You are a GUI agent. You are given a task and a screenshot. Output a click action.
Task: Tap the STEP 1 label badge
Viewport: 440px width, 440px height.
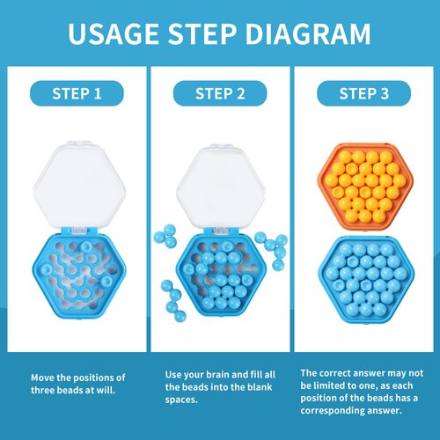click(77, 93)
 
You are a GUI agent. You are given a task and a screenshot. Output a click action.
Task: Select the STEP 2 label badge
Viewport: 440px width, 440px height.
click(219, 93)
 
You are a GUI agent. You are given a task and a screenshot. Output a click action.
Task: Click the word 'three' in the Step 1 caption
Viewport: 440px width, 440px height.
click(44, 389)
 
